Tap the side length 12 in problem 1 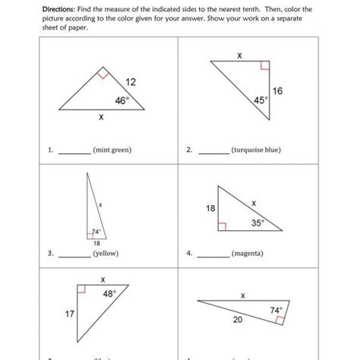(x=131, y=81)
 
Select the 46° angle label (x=121, y=99)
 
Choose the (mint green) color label (x=112, y=150)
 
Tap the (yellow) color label (x=103, y=253)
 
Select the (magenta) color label (x=248, y=253)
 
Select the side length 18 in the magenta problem (x=211, y=207)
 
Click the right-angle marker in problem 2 (x=264, y=66)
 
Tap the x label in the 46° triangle (x=101, y=118)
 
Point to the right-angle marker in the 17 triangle (x=81, y=290)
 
